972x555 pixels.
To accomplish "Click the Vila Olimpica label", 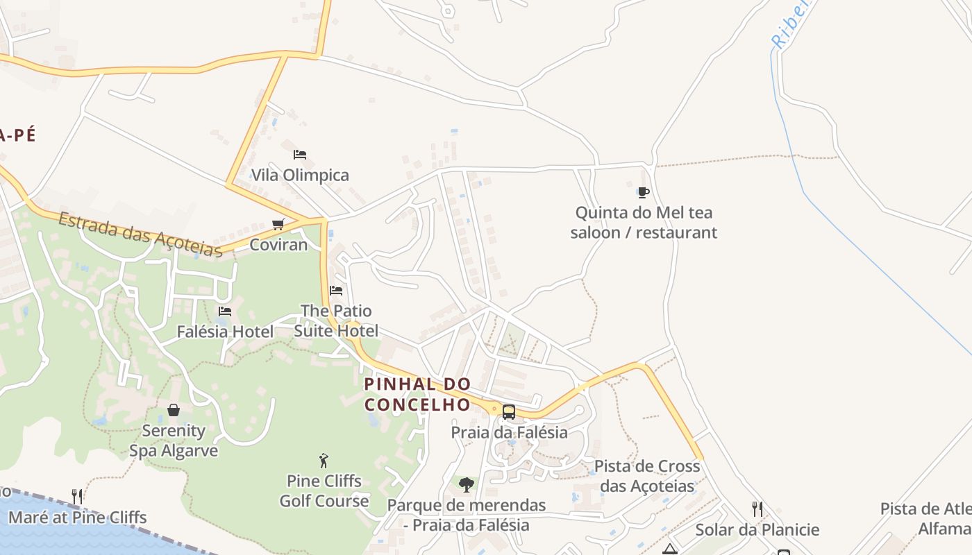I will click(300, 175).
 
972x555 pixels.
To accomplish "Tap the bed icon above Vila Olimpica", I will click(300, 154).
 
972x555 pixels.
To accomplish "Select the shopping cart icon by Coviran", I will click(278, 224).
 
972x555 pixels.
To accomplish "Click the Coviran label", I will click(278, 244).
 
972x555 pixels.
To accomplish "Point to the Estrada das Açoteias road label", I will click(140, 234).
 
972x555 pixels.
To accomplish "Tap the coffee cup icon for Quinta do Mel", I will click(644, 192).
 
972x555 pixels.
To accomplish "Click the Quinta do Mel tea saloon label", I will click(644, 222).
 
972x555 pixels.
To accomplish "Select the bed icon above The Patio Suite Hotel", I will click(337, 290).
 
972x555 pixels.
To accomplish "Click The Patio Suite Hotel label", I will click(337, 321).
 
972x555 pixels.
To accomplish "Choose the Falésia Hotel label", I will click(225, 332).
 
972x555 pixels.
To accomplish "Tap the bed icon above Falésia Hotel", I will click(225, 311).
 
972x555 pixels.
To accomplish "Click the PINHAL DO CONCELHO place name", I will click(418, 394).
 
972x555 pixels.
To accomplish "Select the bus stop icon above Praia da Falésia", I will click(509, 411).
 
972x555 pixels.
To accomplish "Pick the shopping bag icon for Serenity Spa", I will click(174, 410).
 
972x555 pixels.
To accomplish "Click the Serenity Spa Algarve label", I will click(174, 441).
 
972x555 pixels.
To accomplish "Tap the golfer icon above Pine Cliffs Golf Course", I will click(324, 460).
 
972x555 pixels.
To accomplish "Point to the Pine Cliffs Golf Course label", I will click(324, 490).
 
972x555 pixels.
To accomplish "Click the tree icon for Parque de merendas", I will click(467, 484).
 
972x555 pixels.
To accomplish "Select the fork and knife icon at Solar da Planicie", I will click(757, 509).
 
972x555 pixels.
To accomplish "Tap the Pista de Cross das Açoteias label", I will click(647, 476).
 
